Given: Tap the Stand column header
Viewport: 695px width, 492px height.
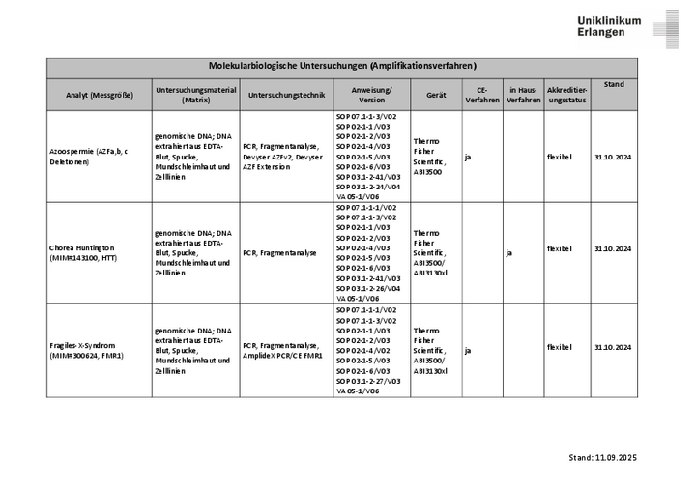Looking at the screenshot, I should point(614,85).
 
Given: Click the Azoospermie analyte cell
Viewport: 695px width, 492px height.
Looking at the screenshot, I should point(93,157).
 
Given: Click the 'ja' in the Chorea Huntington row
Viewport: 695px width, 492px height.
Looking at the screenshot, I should point(509,253).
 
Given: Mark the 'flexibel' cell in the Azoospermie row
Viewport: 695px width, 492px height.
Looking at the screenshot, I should point(559,157).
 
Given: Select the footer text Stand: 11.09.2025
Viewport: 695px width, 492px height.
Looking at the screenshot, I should point(602,457).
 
